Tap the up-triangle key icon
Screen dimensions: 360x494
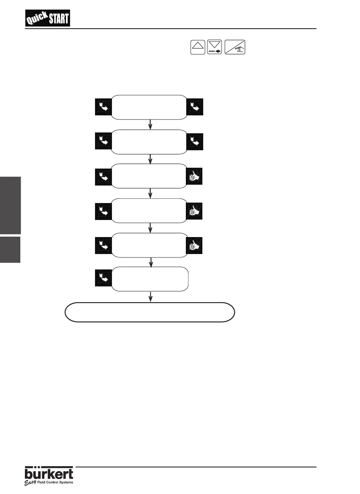point(198,47)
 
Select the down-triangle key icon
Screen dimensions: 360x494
point(215,47)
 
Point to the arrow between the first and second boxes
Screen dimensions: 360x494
point(150,125)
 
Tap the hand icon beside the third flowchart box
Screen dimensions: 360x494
point(195,176)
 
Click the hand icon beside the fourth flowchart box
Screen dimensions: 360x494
point(195,210)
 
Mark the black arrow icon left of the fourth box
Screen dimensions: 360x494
point(103,210)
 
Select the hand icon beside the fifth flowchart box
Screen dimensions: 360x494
point(195,245)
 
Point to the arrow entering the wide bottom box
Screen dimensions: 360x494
point(150,296)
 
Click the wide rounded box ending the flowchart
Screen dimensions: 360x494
point(150,312)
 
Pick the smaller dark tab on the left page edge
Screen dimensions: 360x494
point(10,249)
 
